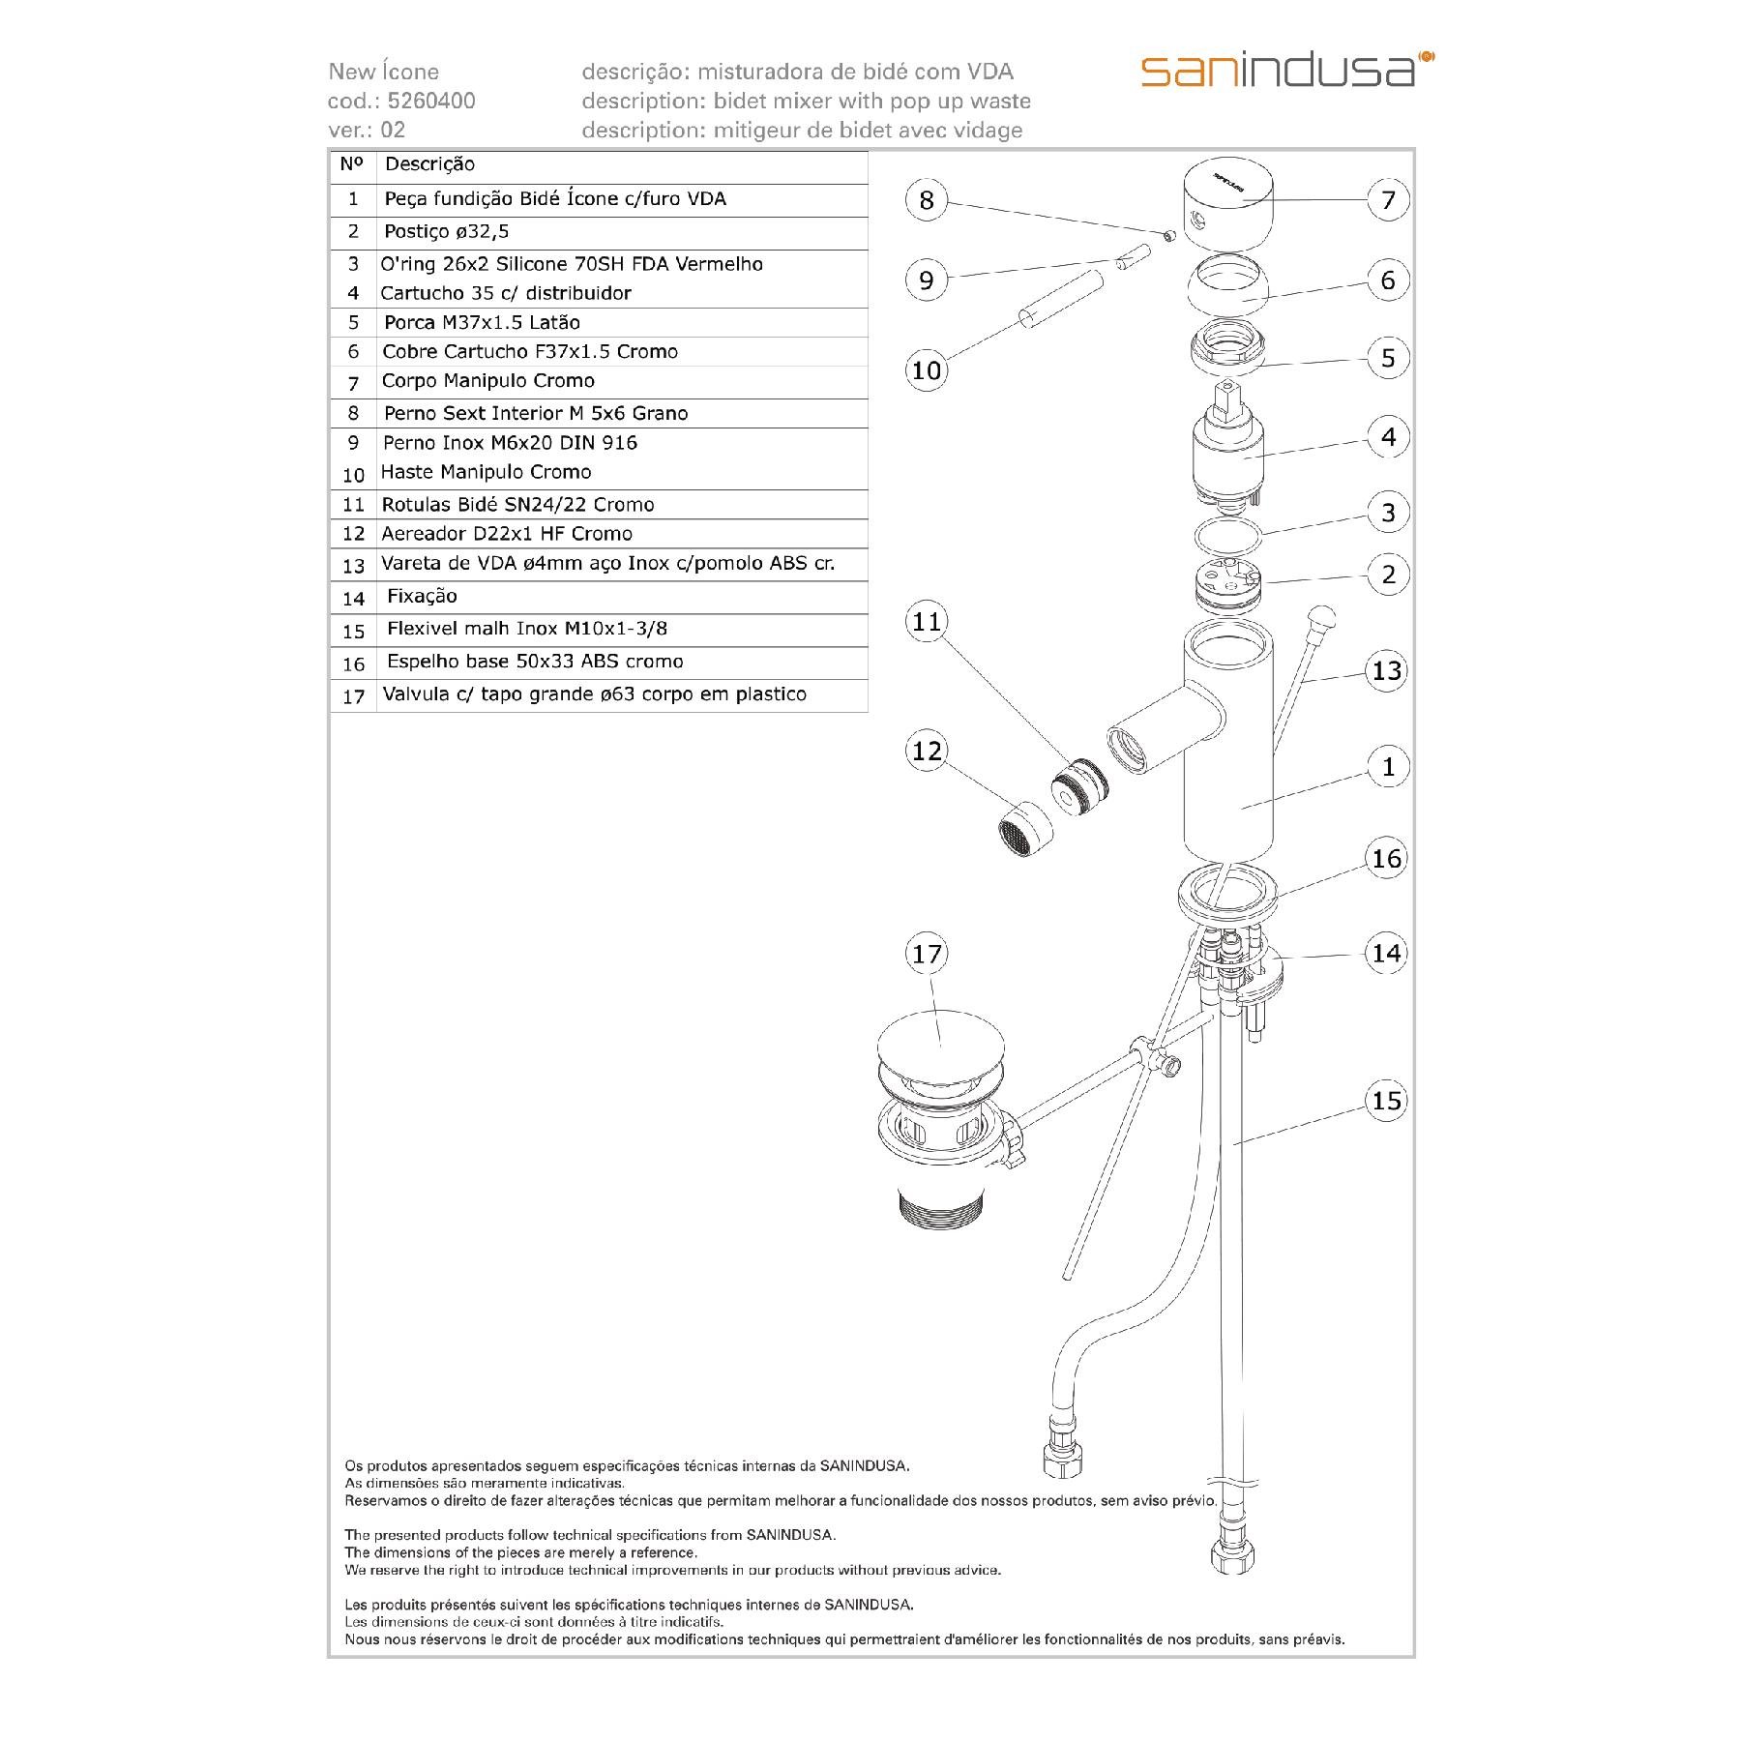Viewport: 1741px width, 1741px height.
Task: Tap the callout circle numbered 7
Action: point(1388,200)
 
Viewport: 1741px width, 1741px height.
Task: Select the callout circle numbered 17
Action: point(927,955)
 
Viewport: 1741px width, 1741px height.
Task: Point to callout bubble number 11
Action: point(927,621)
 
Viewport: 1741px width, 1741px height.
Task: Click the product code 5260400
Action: point(431,101)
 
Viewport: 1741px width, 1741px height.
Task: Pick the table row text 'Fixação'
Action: point(422,597)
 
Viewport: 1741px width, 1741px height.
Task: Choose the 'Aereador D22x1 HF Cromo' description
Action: point(507,534)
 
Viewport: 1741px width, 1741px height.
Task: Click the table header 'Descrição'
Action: point(429,164)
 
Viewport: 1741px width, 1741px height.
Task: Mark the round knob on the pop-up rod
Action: point(1322,615)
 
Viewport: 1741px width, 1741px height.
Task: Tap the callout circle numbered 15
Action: point(1386,1101)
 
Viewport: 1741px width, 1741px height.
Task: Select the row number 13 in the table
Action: point(353,566)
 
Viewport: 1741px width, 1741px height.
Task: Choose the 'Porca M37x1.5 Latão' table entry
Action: point(482,322)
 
